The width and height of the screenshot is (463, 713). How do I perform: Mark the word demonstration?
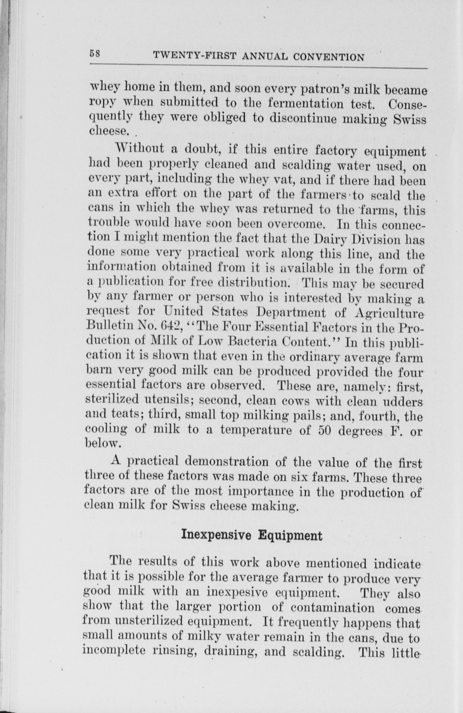coord(227,462)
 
